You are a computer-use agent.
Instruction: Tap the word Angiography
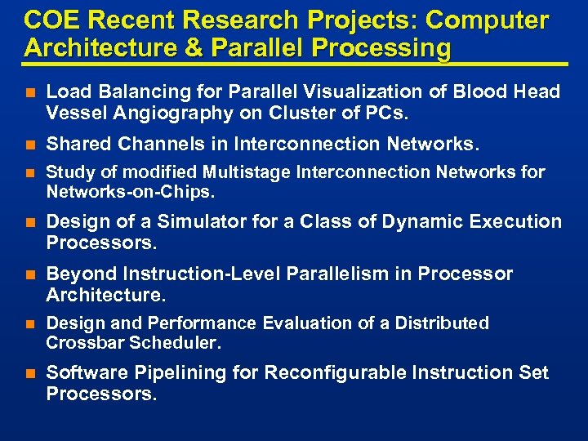pyautogui.click(x=161, y=112)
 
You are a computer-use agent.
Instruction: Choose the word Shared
pyautogui.click(x=78, y=145)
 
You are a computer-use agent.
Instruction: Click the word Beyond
pyautogui.click(x=80, y=274)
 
